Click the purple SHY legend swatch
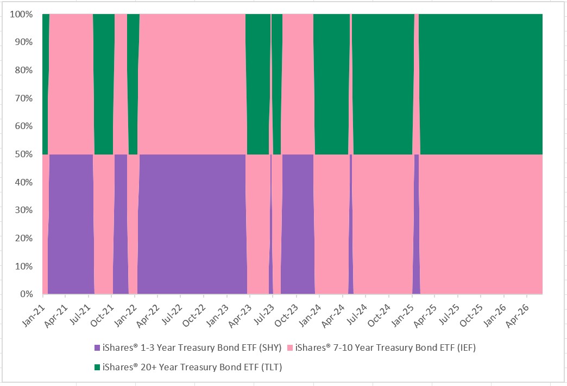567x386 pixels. (97, 348)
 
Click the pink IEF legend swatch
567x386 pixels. (289, 348)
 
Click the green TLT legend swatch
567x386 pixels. (97, 367)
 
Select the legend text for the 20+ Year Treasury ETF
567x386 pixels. (192, 367)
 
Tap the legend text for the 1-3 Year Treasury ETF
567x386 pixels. (192, 348)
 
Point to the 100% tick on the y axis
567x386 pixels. (21, 15)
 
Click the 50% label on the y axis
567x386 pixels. (24, 154)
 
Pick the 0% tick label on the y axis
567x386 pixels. (27, 294)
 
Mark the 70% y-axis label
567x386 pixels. (24, 98)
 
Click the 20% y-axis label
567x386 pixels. (24, 238)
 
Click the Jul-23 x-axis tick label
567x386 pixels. (263, 314)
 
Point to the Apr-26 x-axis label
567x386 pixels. (518, 315)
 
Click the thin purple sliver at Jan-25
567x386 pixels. (416, 224)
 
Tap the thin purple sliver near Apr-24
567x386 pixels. (351, 224)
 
